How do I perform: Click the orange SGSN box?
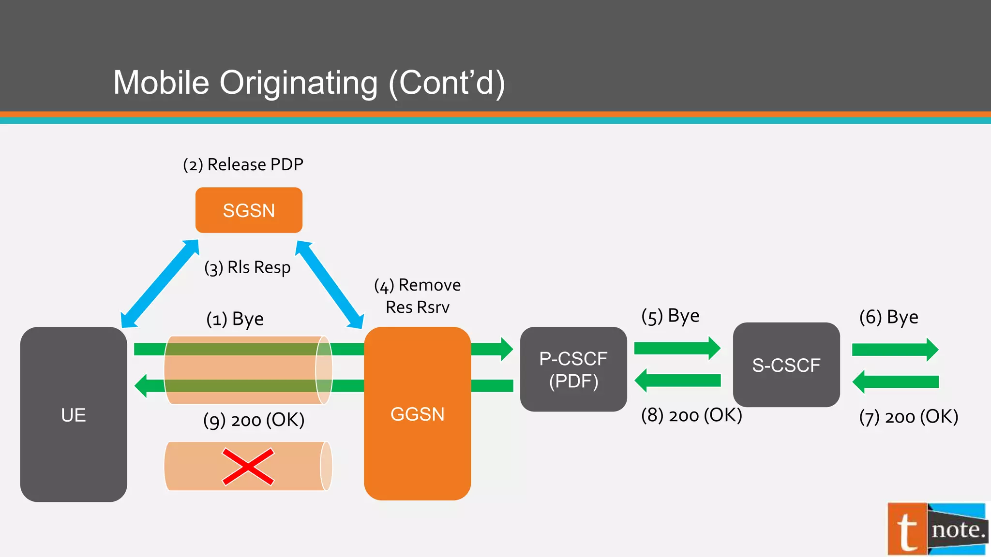coord(249,210)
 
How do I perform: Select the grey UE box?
coord(74,414)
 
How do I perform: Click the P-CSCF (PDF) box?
coord(573,369)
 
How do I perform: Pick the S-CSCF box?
coord(786,365)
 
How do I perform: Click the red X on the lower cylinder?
coord(248,467)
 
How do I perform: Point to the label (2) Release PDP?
coord(243,164)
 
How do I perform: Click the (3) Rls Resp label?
coord(247,267)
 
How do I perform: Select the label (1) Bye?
coord(235,319)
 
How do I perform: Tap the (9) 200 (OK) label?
coord(254,420)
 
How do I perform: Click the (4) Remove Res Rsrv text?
coord(417,296)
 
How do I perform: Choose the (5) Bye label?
coord(670,316)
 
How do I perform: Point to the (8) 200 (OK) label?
coord(691,415)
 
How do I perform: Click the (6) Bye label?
coord(888,317)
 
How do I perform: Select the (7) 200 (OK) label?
coord(909,416)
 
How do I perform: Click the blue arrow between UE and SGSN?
coord(160,284)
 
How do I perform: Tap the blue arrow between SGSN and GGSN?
coord(330,284)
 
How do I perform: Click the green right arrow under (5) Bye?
coord(677,348)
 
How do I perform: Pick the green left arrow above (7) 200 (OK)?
coord(895,382)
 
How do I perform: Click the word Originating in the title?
coord(299,83)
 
